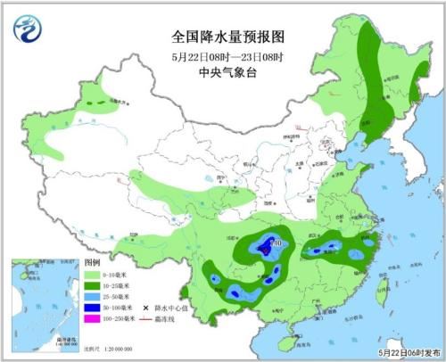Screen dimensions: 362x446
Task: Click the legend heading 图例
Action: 91,265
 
